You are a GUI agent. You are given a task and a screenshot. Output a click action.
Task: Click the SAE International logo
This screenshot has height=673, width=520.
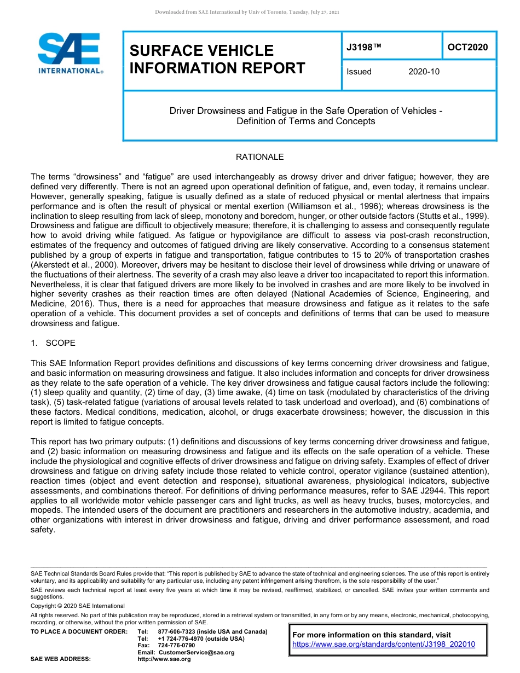pos(70,53)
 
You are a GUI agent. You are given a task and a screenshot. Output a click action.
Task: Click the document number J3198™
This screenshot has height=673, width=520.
pos(363,47)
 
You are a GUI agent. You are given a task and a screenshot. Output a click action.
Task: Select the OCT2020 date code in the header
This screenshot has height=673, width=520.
pos(467,47)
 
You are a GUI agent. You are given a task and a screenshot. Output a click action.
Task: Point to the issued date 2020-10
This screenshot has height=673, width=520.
pos(424,72)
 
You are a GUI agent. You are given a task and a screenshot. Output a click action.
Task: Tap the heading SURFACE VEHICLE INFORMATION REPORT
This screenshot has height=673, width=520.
pos(217,59)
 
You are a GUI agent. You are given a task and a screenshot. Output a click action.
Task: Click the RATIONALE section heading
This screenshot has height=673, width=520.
pos(259,157)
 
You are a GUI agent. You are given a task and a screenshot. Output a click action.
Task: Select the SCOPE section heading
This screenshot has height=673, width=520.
pos(60,343)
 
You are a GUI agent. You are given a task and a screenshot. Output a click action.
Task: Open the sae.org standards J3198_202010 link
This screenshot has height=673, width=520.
pos(384,645)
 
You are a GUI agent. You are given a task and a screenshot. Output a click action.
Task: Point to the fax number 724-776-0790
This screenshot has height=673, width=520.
pos(176,646)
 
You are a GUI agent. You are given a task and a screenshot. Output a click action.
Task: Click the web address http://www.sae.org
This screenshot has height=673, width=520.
pos(164,659)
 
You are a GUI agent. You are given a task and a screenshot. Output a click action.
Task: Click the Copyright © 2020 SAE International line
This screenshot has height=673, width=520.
pos(78,606)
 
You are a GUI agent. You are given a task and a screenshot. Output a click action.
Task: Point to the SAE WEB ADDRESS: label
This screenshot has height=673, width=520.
pos(60,659)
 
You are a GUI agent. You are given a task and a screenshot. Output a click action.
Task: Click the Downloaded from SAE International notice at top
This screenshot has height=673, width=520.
pos(247,12)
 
